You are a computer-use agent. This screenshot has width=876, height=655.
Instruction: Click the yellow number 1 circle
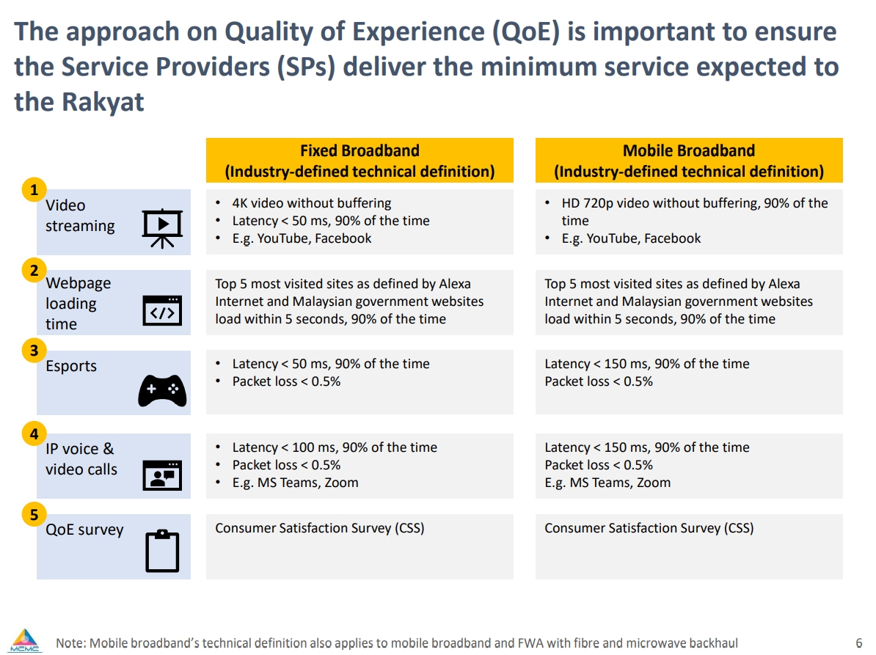[x=34, y=190]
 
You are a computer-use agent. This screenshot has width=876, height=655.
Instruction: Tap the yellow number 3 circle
[x=34, y=351]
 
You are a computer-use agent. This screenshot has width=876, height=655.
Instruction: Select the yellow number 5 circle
[x=34, y=514]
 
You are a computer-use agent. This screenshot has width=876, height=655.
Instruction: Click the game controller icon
[x=162, y=390]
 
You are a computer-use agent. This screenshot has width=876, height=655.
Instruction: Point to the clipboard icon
[x=162, y=551]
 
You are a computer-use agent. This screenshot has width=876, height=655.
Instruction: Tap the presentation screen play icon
[x=162, y=228]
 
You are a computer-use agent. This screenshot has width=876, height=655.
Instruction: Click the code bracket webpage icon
[x=162, y=310]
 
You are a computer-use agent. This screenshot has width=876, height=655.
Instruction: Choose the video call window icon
[x=162, y=475]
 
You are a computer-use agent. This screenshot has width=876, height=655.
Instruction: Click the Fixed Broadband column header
[x=359, y=161]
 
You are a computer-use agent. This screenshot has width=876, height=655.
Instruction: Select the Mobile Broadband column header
[x=689, y=161]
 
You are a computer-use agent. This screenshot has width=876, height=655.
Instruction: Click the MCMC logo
[x=25, y=641]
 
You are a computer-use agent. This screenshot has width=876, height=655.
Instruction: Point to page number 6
[x=858, y=643]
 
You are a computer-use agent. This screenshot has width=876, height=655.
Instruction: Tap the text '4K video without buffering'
[x=312, y=203]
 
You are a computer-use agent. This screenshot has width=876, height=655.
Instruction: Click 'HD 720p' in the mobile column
[x=588, y=203]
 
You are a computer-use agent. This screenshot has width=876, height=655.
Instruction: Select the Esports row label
[x=71, y=366]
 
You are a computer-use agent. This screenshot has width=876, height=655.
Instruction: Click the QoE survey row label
[x=84, y=530]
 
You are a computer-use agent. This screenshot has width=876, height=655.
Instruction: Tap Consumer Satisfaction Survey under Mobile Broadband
[x=649, y=528]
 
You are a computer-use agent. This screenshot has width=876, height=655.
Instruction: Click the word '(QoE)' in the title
[x=525, y=32]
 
